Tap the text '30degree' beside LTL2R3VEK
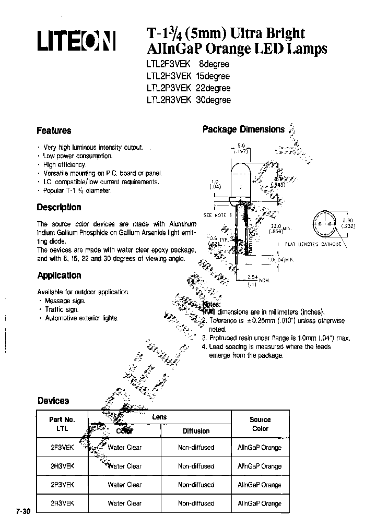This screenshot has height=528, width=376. tap(213, 100)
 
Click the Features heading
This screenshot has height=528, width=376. tap(54, 130)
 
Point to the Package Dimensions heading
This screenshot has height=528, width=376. tap(243, 129)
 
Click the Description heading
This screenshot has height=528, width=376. tap(59, 207)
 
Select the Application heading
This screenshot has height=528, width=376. tap(59, 275)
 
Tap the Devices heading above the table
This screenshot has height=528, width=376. tap(53, 401)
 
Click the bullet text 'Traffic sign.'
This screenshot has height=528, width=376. tap(62, 309)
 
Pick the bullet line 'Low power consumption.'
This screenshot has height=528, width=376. tap(78, 156)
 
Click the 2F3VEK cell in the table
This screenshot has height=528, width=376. tap(62, 447)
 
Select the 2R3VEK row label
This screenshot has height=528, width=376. tap(62, 503)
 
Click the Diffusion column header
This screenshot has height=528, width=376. tap(196, 431)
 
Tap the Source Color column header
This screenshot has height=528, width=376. tap(260, 424)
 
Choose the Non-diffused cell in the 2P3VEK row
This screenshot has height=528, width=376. tap(196, 485)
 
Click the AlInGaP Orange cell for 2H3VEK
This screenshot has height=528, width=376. tap(260, 466)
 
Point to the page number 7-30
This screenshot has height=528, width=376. tap(23, 512)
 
